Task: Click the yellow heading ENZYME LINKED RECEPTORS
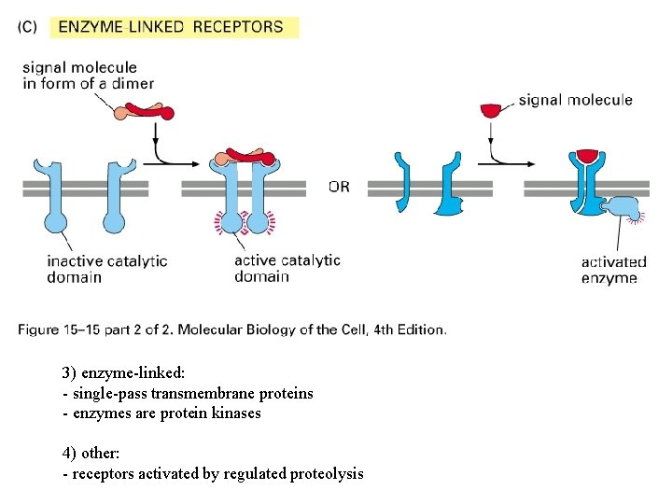click(171, 26)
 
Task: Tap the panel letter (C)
click(27, 27)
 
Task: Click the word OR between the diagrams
click(339, 187)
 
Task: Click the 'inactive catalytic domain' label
click(107, 269)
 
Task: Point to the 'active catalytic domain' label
click(287, 268)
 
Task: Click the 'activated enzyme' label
click(613, 270)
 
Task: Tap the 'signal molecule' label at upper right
click(575, 100)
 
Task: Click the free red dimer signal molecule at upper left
click(144, 112)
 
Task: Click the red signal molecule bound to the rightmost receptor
click(587, 155)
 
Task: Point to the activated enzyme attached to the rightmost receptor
click(622, 210)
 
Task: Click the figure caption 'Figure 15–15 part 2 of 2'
click(232, 329)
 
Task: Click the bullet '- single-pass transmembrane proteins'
click(188, 393)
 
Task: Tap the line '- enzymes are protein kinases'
click(161, 413)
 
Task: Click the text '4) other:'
click(91, 453)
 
